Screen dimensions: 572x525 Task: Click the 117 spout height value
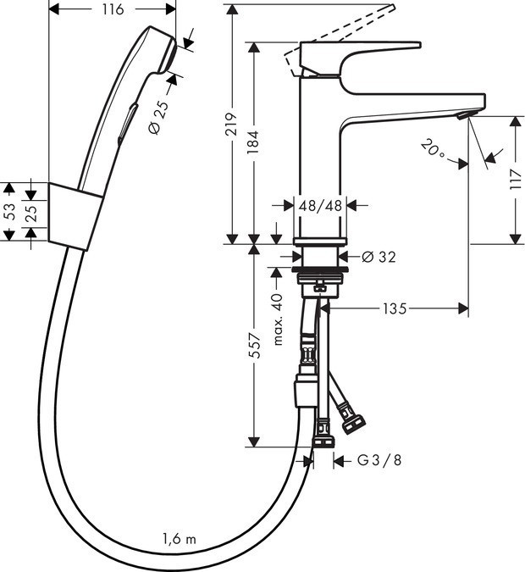pos(516,180)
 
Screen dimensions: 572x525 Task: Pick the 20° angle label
pos(433,151)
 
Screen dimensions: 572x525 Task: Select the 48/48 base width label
pos(319,205)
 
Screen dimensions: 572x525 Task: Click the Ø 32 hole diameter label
pos(379,256)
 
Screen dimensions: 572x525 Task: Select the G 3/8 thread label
pos(379,460)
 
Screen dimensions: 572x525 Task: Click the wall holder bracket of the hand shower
pos(75,215)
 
